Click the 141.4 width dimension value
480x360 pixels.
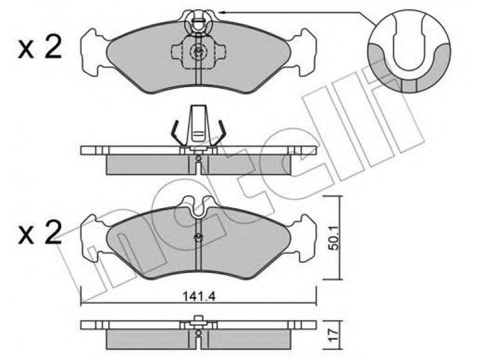point(199,296)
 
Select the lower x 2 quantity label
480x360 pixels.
point(40,233)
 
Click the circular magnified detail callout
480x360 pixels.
point(409,51)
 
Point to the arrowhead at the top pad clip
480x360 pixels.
point(223,12)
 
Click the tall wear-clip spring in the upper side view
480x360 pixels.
point(199,125)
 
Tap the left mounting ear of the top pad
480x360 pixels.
point(94,53)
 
